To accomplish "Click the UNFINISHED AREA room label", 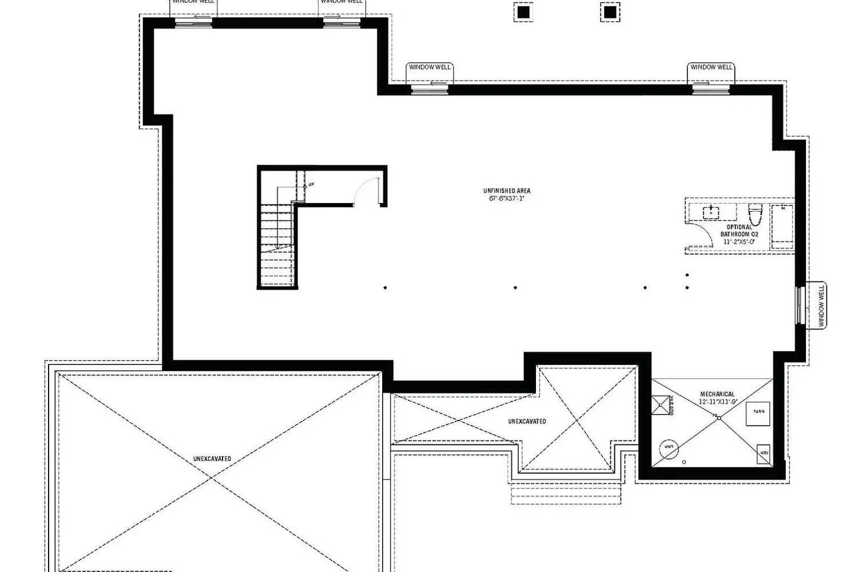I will click(x=506, y=190).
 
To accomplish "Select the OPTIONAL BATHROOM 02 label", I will click(x=739, y=231).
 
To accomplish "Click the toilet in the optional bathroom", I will click(x=755, y=214).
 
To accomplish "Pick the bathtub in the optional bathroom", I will click(x=781, y=227).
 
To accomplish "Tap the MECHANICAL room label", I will click(x=717, y=394).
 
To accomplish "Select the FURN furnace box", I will click(x=758, y=412).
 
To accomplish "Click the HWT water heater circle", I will click(x=669, y=447).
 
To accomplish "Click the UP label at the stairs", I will click(x=311, y=184).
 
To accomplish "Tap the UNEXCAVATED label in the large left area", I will click(x=212, y=459).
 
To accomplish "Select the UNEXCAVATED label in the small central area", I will click(x=527, y=422).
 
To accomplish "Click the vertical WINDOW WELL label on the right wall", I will click(x=821, y=307).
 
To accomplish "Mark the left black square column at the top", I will click(x=523, y=11).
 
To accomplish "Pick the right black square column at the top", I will click(x=610, y=11).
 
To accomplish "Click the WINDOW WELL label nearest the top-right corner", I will click(x=711, y=67).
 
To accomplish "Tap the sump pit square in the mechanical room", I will click(x=661, y=405).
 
